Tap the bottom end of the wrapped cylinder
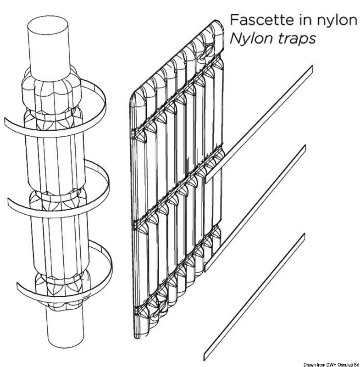pos(65,330)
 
